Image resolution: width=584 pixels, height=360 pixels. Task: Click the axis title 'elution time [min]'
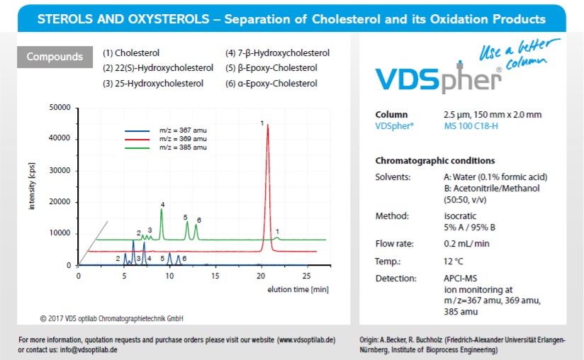pos(298,289)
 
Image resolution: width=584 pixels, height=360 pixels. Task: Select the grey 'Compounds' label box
pos(55,57)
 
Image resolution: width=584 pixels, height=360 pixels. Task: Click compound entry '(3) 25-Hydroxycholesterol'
pos(152,84)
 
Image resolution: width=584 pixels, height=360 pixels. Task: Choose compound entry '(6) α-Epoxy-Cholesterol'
pos(271,84)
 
